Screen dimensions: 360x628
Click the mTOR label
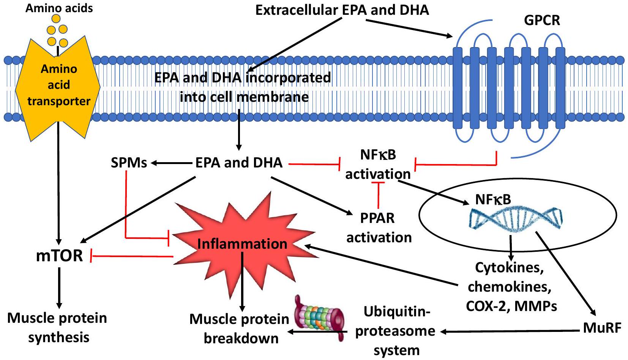tap(59, 256)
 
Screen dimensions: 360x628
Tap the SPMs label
tap(129, 163)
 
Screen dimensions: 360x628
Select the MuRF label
tap(602, 327)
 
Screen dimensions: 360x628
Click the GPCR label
tap(542, 20)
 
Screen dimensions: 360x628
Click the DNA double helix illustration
tap(516, 219)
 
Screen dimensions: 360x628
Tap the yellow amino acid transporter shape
tap(58, 85)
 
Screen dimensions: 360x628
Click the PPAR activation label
tap(379, 227)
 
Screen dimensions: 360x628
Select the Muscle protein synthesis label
tap(57, 327)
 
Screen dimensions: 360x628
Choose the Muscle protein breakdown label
tap(240, 328)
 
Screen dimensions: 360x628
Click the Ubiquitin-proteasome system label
tap(396, 331)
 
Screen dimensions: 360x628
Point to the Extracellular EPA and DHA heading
tap(342, 10)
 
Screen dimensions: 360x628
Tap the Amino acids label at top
tap(59, 8)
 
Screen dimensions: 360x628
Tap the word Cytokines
tap(509, 268)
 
